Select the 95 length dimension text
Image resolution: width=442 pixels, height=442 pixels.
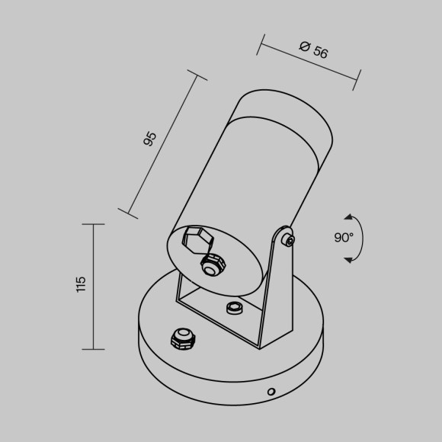tap(150, 138)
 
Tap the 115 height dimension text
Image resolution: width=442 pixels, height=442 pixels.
tap(82, 285)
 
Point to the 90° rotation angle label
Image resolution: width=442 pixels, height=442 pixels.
tap(344, 238)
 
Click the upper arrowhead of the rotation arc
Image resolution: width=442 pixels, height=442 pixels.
tap(348, 217)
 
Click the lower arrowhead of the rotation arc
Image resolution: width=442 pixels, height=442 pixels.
tap(348, 260)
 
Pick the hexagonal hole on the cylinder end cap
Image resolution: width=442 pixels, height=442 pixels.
tap(198, 240)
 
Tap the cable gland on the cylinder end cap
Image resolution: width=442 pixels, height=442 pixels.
tap(211, 265)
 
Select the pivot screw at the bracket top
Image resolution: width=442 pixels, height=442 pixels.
tap(287, 240)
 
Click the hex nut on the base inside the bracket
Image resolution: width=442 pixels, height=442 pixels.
tap(234, 307)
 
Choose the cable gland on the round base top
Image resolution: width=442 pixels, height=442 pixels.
tap(181, 338)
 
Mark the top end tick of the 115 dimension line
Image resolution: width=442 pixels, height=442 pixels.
tap(93, 224)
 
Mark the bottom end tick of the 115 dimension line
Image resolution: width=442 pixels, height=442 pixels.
tap(93, 349)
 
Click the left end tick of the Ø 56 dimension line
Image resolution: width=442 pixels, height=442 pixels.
tap(259, 44)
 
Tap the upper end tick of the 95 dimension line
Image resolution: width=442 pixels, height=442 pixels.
tap(197, 77)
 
